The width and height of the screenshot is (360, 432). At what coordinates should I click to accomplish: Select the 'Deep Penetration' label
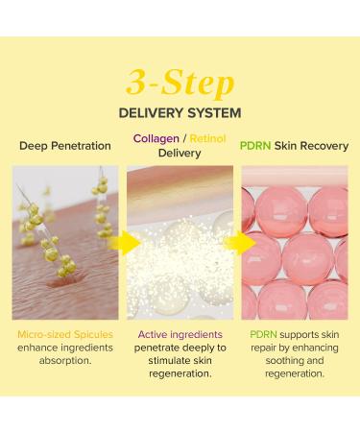click(63, 146)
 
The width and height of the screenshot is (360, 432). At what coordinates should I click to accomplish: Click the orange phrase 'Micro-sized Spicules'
click(64, 333)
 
